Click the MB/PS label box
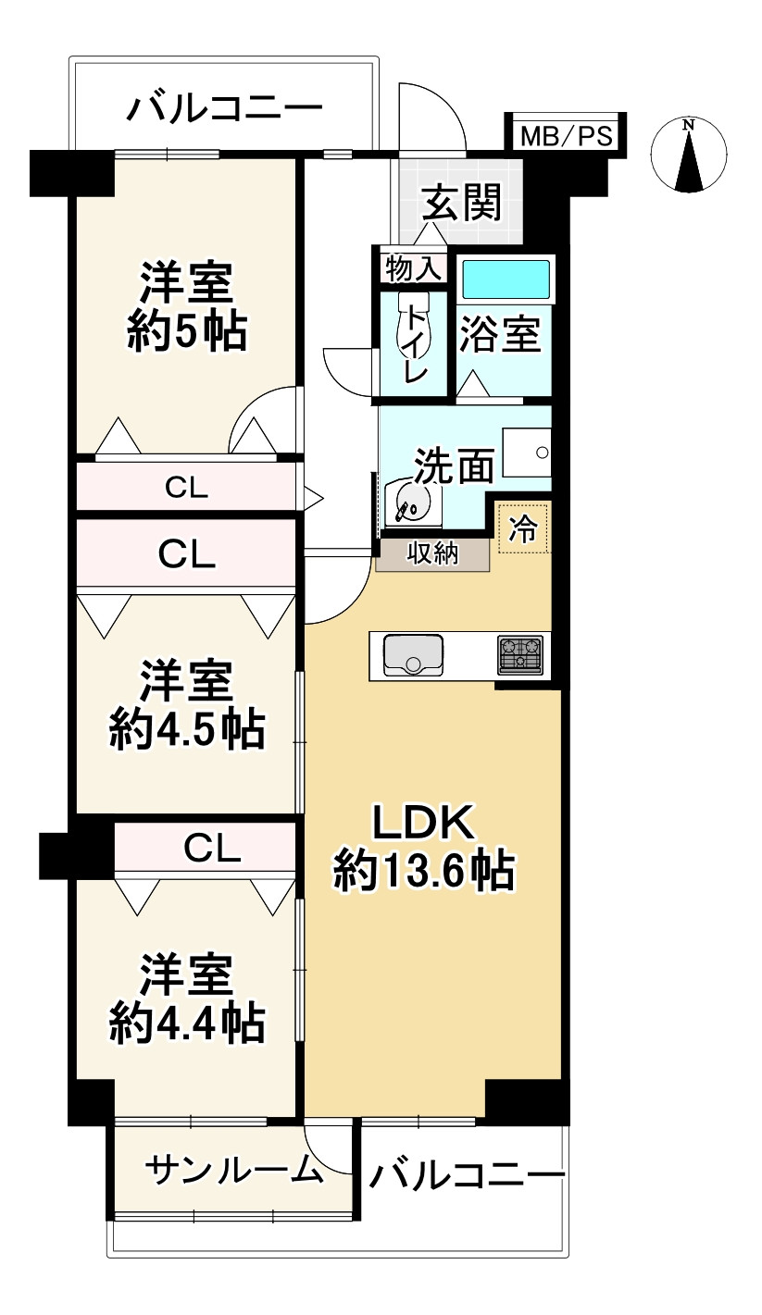coord(567,135)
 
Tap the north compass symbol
coord(689,155)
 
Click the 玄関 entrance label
coord(463,203)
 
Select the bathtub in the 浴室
coord(506,279)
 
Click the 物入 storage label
coord(413,269)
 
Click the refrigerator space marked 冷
coord(523,527)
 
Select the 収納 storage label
coord(433,553)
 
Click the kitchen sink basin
coord(413,655)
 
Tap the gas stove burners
coord(520,654)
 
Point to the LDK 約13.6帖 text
coord(424,846)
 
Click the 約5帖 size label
coord(187,332)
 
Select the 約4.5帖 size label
coord(187,730)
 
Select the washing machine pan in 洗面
coord(527,452)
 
